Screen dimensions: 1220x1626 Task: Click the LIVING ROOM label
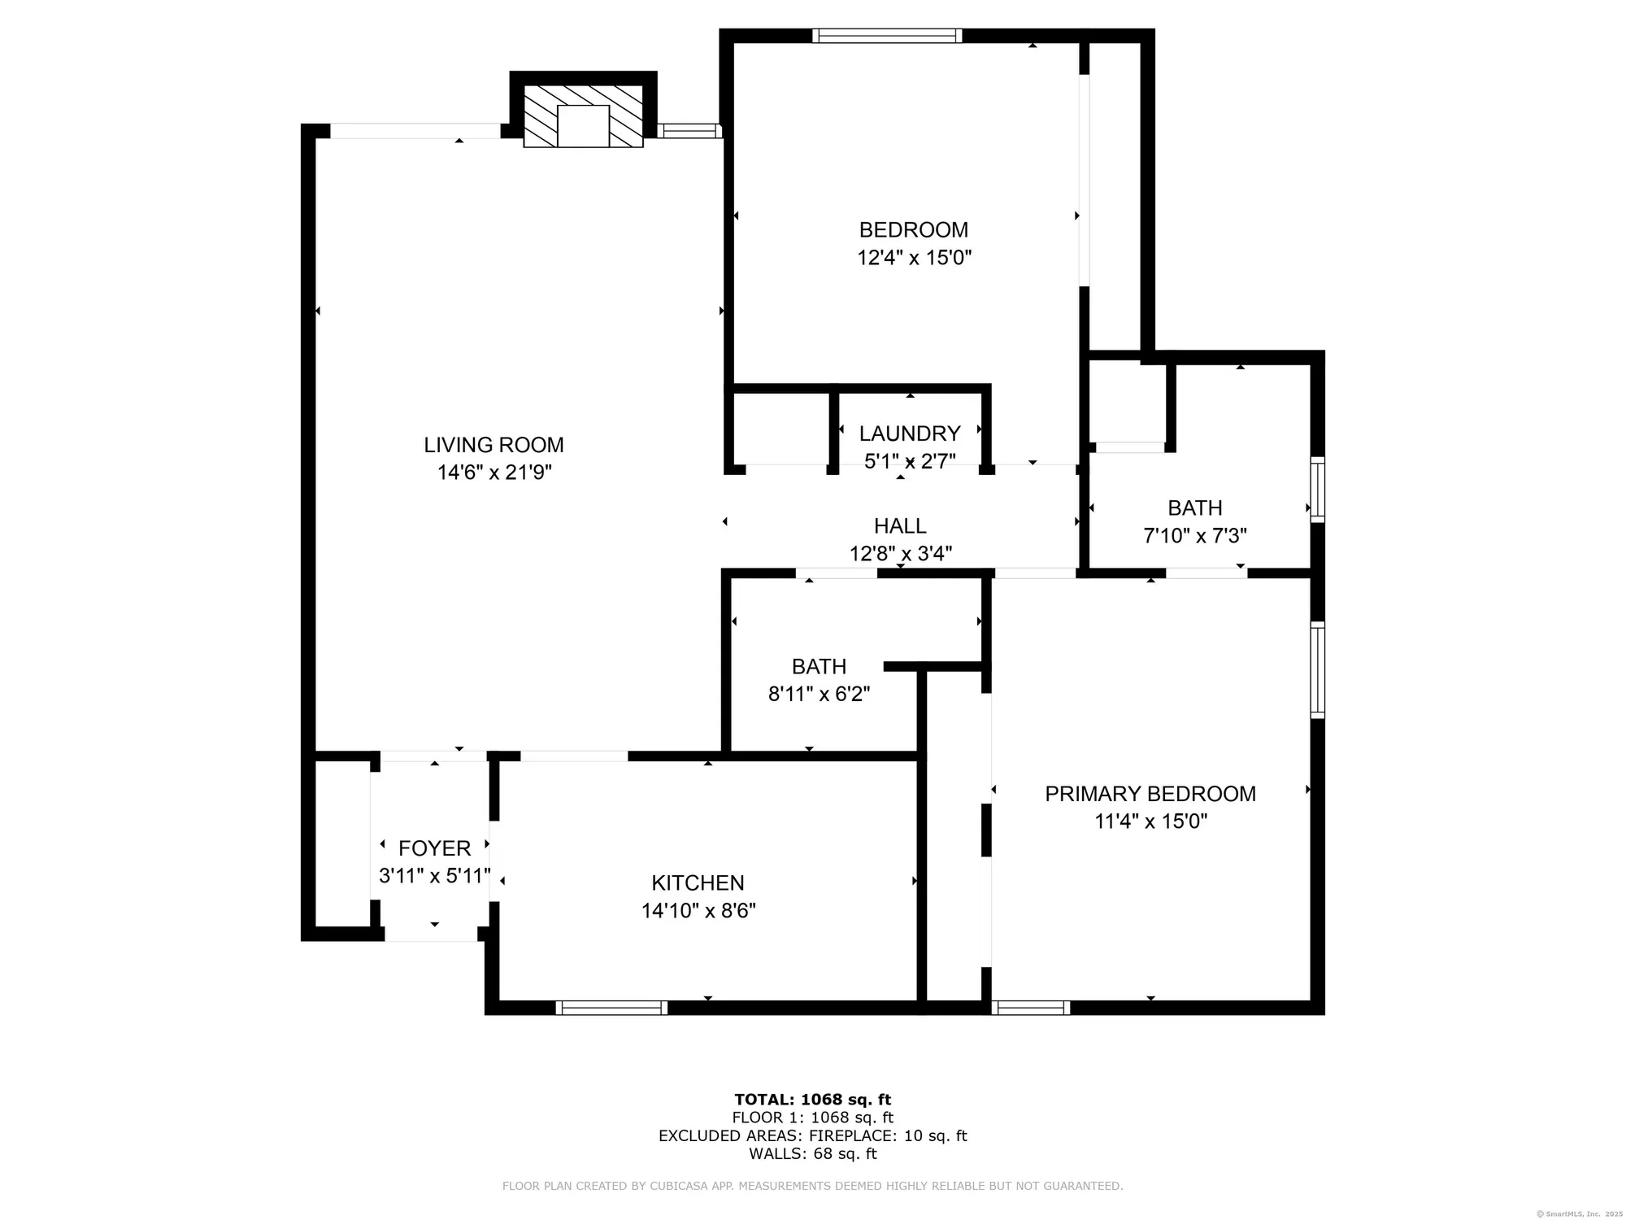[493, 445]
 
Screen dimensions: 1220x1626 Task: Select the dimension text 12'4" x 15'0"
[914, 258]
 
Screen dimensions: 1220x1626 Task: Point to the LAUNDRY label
[910, 434]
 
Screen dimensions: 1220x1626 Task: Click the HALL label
[900, 526]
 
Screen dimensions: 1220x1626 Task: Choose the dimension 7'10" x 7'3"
[1194, 536]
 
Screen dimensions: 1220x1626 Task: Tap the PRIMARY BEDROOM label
[1150, 794]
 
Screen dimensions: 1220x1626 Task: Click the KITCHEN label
[698, 882]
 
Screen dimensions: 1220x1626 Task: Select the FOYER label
[434, 848]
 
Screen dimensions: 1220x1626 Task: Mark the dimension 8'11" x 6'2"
[819, 695]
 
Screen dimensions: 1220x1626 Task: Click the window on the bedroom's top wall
[887, 36]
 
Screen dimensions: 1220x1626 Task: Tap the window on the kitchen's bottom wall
[611, 1008]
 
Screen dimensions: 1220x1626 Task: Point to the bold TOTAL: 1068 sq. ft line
[812, 1100]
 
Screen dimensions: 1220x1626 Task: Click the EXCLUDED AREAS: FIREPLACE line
[812, 1136]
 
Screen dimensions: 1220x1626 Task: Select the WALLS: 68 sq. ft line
[812, 1153]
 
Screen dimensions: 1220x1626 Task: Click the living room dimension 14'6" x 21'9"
[494, 473]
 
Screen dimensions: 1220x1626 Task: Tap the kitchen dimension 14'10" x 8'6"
[698, 911]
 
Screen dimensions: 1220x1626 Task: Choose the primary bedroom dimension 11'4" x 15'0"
[1150, 821]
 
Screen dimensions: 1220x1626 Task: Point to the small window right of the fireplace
[689, 130]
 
